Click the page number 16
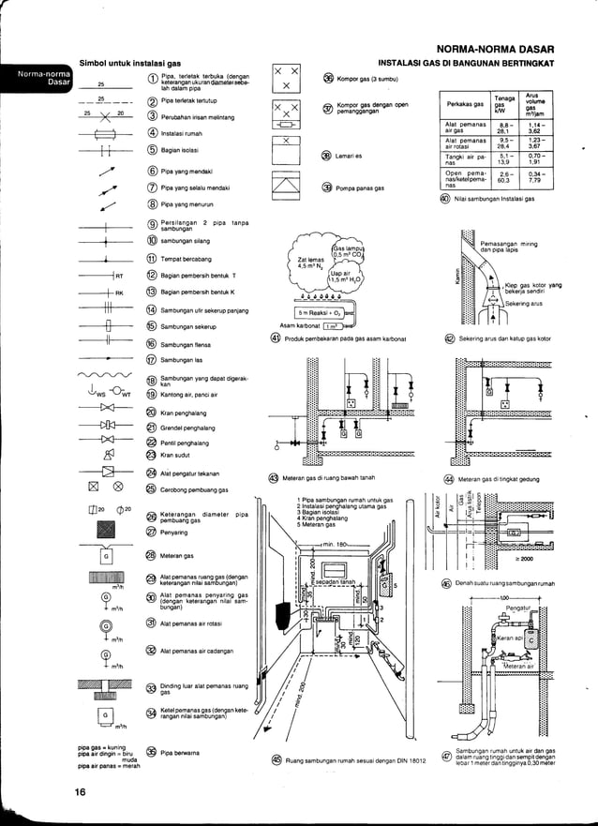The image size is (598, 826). click(82, 793)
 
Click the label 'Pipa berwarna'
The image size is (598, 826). click(181, 753)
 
